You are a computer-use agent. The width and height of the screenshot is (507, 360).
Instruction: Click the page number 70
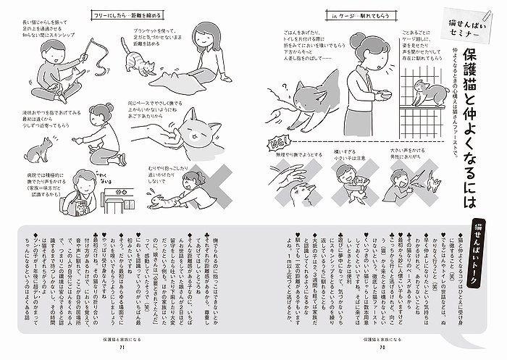[381, 346]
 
